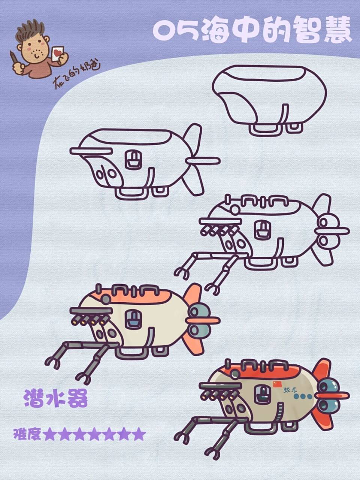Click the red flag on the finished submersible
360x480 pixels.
[277, 384]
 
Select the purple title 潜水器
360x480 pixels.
[56, 398]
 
